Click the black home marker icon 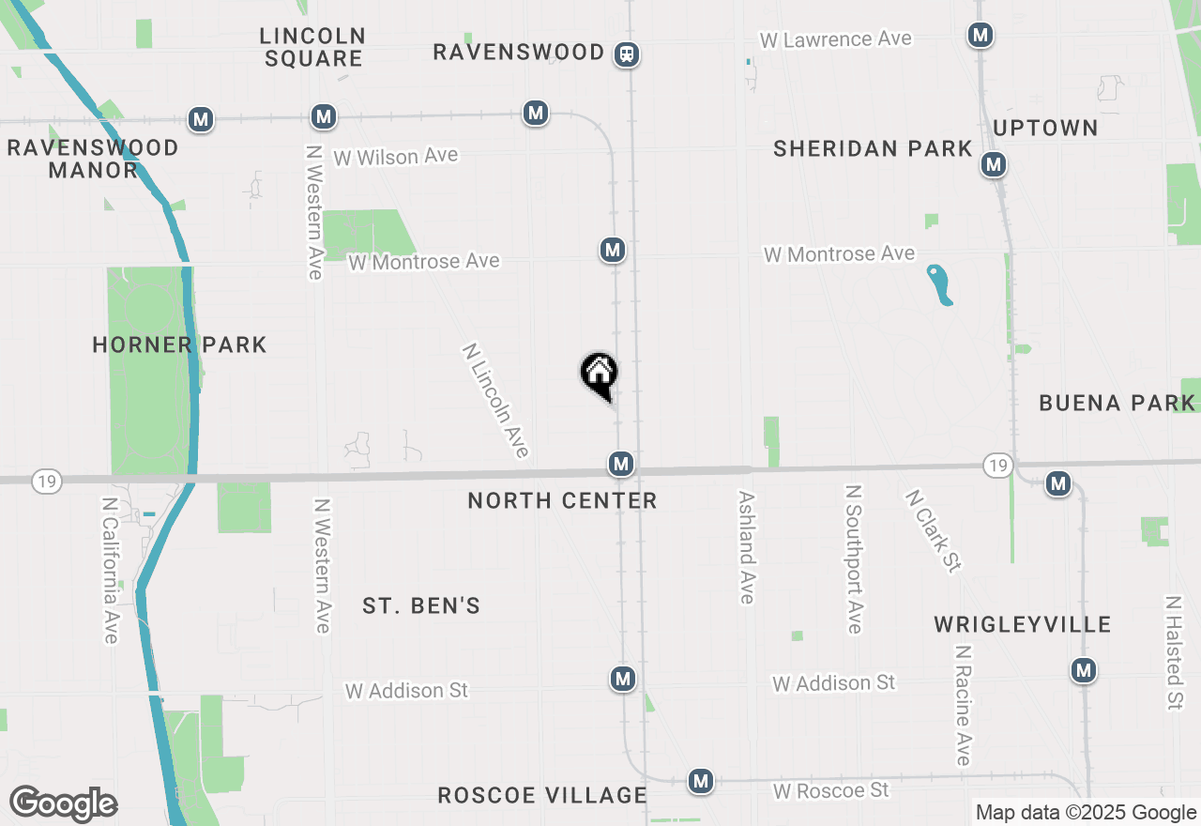[x=599, y=374]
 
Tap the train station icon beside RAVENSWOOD [x=627, y=54]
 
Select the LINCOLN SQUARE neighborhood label [x=312, y=47]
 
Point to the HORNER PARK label [x=179, y=345]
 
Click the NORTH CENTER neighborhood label [x=562, y=501]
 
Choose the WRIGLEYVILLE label [x=1023, y=625]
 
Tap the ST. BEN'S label [x=421, y=606]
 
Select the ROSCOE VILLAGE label [x=542, y=796]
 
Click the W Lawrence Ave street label [x=835, y=39]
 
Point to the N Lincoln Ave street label [x=496, y=401]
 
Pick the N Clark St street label [x=934, y=530]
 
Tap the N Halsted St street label [x=1174, y=651]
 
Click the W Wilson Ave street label [x=396, y=156]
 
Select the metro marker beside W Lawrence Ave [x=981, y=36]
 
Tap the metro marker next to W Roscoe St [x=700, y=781]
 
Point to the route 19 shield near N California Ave [x=46, y=482]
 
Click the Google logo [x=63, y=804]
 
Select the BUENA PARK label [x=1117, y=404]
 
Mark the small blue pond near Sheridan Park [x=940, y=285]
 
